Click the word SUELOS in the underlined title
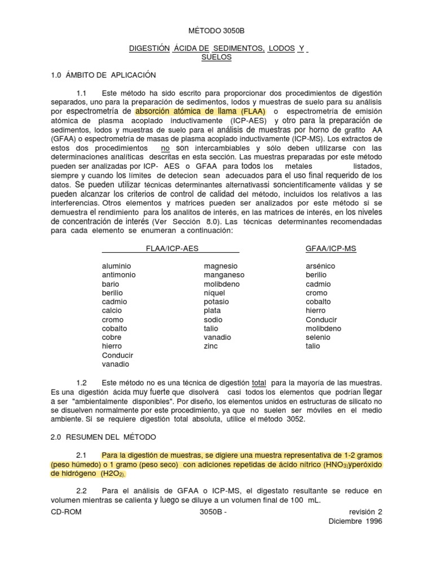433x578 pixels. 216,58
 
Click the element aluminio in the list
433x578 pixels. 117,266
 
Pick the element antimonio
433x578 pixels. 119,275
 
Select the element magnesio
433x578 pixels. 221,266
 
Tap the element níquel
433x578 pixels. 214,293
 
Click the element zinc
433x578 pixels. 211,346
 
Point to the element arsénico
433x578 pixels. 320,266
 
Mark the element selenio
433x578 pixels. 318,337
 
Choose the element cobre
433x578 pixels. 112,337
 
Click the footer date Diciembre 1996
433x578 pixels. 356,521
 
